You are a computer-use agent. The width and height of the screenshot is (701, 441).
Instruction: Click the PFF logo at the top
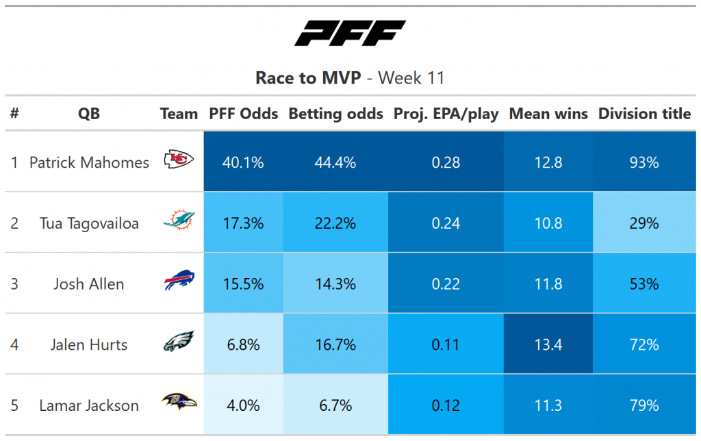(x=350, y=33)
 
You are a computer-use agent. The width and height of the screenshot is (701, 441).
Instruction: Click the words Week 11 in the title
(x=411, y=78)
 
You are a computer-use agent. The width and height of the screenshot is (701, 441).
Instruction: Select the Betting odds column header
(x=335, y=114)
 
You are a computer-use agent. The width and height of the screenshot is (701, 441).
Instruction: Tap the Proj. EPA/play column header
(x=446, y=114)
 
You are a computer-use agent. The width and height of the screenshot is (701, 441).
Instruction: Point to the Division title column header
(x=644, y=114)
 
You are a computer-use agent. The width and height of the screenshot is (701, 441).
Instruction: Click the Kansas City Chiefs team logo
(x=179, y=160)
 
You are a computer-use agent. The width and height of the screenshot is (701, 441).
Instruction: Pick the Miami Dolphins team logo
(x=179, y=220)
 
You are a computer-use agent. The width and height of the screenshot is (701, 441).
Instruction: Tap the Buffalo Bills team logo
(x=179, y=280)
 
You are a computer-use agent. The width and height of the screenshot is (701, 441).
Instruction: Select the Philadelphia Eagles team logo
(x=179, y=341)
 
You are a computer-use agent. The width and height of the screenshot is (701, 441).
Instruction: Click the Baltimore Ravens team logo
(x=179, y=401)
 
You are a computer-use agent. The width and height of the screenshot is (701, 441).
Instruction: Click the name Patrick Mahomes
(x=89, y=162)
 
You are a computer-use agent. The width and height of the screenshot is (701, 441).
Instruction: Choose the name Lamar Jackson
(x=89, y=405)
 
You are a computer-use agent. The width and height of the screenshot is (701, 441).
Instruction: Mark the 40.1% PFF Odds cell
(x=243, y=162)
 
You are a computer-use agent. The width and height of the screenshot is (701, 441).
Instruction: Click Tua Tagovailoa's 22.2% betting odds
(x=335, y=223)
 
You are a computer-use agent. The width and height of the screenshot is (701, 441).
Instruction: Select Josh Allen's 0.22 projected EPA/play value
(x=446, y=284)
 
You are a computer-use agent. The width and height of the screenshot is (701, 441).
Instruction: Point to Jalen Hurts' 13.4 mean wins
(x=548, y=345)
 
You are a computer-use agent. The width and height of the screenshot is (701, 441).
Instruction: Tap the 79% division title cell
(x=644, y=405)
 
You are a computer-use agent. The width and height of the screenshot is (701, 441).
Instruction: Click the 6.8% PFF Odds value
(x=243, y=345)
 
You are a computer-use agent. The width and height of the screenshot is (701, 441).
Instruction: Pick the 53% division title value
(x=644, y=284)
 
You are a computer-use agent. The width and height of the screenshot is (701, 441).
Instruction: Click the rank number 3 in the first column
(x=14, y=284)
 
